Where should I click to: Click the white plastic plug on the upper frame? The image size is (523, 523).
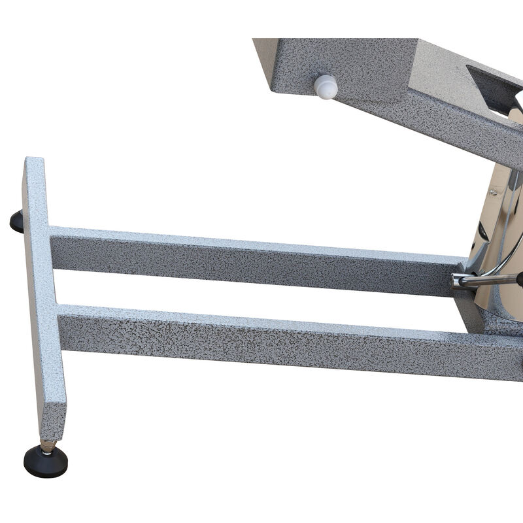pyautogui.click(x=326, y=86)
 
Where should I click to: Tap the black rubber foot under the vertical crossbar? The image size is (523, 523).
pyautogui.click(x=45, y=462)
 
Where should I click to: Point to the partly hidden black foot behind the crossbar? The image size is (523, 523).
pyautogui.click(x=16, y=222)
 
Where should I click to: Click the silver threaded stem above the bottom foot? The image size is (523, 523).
pyautogui.click(x=46, y=446)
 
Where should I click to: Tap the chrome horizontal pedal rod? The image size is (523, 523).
pyautogui.click(x=487, y=280)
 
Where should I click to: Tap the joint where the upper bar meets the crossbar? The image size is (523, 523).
pyautogui.click(x=51, y=248)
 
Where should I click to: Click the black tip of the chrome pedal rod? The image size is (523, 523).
pyautogui.click(x=520, y=279)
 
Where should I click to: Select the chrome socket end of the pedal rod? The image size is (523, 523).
pyautogui.click(x=458, y=281)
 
